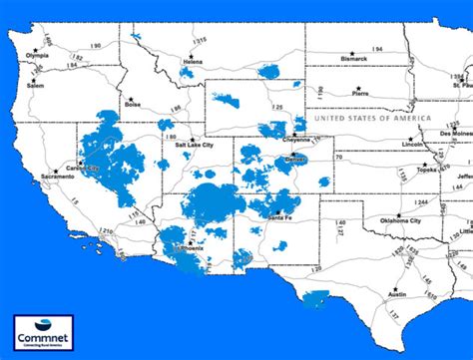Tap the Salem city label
(x=36, y=87)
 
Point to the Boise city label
(x=134, y=104)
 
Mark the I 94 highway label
(x=377, y=48)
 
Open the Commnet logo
(x=42, y=332)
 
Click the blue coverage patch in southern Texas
(x=318, y=297)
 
